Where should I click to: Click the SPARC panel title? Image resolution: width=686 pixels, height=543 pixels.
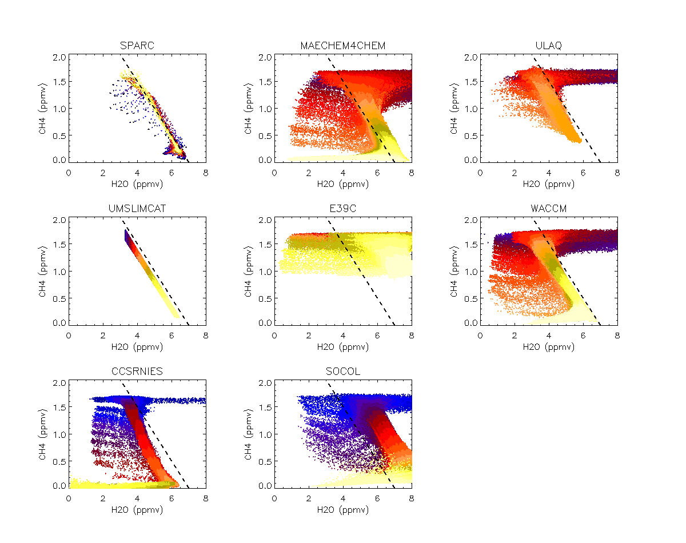(137, 46)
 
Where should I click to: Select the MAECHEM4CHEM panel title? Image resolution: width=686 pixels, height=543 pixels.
(342, 46)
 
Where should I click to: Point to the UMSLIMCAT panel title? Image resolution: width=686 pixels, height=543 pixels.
(137, 209)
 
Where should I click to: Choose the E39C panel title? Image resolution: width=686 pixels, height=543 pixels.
(342, 209)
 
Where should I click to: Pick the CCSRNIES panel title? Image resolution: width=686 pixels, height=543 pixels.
(137, 372)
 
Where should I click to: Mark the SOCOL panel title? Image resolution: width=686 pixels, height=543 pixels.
(342, 372)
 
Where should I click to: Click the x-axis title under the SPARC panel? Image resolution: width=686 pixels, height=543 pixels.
(137, 185)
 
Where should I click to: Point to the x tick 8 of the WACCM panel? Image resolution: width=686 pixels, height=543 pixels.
(617, 336)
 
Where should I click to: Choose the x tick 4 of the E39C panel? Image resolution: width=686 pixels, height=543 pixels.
(343, 336)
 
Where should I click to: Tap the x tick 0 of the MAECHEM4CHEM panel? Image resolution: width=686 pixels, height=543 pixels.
(274, 173)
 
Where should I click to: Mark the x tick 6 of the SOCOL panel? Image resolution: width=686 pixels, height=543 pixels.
(377, 498)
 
